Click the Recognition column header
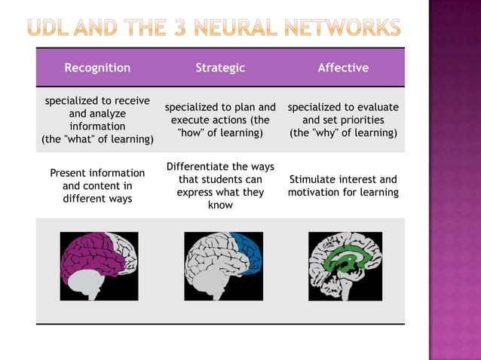point(97,68)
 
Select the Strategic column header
point(220,68)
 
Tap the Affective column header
point(343,68)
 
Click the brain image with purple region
point(99,266)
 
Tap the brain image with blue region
point(223,266)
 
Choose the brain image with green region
point(345,266)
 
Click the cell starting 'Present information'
point(97,186)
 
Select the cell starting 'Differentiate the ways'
point(220,185)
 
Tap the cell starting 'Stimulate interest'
point(343,186)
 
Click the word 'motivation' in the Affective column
point(318,193)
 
